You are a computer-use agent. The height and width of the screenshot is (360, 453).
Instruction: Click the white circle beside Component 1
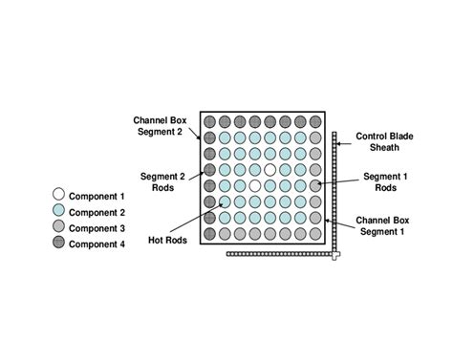click(59, 195)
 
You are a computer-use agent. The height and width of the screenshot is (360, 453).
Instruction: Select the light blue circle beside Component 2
click(59, 211)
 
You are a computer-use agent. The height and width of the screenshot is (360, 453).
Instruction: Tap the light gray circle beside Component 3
click(59, 227)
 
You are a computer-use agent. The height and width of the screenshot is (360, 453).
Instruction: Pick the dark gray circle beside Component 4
click(59, 244)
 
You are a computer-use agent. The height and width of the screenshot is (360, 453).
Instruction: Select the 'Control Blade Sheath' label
click(385, 142)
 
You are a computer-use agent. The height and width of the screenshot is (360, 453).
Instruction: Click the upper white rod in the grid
click(270, 169)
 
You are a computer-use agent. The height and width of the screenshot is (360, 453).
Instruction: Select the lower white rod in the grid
click(254, 185)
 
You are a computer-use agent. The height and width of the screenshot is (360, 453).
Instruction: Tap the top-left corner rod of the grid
click(209, 122)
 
